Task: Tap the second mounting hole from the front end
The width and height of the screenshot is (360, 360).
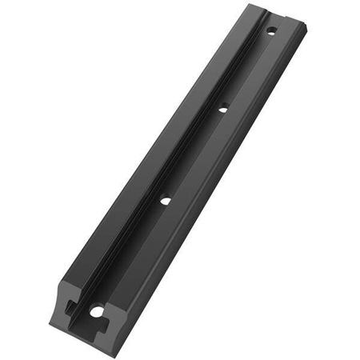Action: [164, 201]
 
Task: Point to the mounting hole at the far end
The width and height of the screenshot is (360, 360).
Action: [271, 33]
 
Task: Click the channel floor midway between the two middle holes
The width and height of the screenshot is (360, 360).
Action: [194, 154]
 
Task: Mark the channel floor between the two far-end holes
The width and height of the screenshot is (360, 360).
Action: [247, 70]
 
